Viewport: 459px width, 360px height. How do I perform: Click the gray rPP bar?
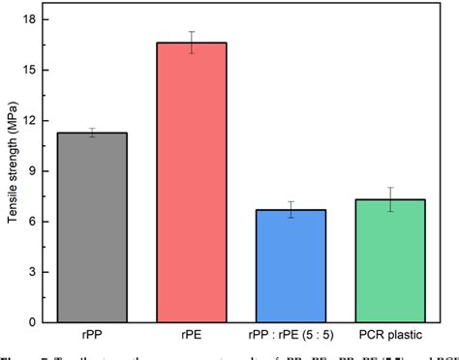coord(91,227)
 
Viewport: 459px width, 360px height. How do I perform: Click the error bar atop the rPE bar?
coord(191,43)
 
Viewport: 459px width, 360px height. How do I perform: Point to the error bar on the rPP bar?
coord(91,133)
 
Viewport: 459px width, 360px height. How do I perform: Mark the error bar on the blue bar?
coord(291,210)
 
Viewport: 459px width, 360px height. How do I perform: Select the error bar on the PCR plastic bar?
coord(390,199)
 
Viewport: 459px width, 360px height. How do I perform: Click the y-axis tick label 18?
coord(32,19)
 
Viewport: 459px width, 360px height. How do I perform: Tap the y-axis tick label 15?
coord(32,70)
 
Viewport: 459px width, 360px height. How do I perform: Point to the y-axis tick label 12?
coord(32,120)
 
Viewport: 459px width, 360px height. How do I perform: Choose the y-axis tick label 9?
coord(35,171)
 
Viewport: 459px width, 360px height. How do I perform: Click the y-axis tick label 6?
coord(35,222)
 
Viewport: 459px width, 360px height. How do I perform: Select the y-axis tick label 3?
coord(35,272)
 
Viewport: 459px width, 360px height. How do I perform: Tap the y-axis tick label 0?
coord(35,322)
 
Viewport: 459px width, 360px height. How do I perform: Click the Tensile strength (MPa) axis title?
coord(12,170)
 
